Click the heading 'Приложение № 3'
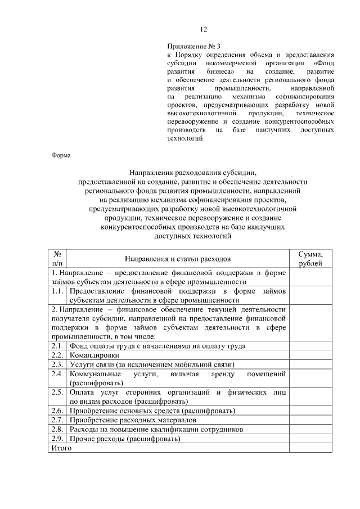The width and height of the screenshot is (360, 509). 191,46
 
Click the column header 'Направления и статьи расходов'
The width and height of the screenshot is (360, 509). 178,259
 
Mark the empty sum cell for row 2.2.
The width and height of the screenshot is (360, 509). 310,355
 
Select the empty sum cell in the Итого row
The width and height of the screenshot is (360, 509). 310,448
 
